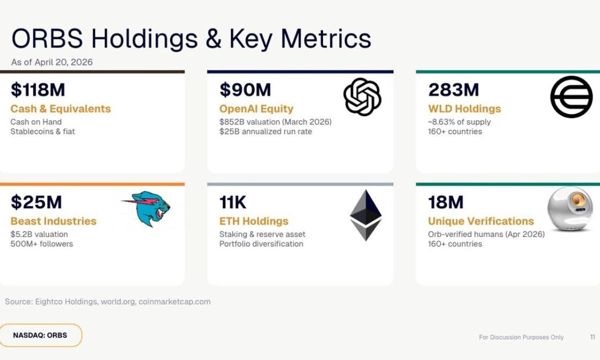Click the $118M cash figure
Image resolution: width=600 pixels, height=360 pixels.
click(38, 90)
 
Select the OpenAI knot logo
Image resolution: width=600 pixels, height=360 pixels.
click(362, 97)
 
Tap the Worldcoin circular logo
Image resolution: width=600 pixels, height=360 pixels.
click(571, 97)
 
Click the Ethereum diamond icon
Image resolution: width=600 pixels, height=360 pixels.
click(365, 215)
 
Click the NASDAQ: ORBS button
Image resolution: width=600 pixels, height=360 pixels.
click(40, 335)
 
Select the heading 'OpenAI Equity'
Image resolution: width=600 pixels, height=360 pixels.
click(256, 109)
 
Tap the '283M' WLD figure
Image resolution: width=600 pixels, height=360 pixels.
click(453, 90)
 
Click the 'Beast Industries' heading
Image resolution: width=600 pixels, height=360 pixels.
click(53, 221)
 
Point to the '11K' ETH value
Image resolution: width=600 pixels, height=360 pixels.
click(233, 202)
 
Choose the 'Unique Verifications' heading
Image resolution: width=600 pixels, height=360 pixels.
click(480, 221)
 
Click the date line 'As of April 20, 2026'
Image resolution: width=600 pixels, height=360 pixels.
click(52, 62)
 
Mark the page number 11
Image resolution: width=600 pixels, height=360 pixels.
click(592, 337)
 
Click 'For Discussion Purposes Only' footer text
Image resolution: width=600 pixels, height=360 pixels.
click(521, 337)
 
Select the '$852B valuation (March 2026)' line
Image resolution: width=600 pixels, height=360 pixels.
click(275, 122)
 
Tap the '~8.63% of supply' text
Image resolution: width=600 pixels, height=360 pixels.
click(459, 122)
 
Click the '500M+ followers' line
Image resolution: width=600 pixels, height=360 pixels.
click(41, 244)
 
